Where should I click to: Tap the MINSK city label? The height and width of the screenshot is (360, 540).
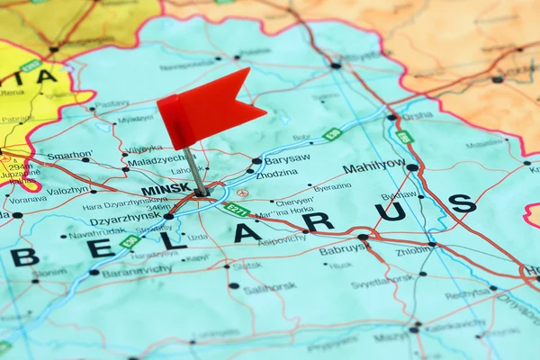click(x=166, y=190)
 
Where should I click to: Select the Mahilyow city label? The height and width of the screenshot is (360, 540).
click(x=373, y=166)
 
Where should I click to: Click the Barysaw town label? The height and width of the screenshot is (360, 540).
click(x=287, y=158)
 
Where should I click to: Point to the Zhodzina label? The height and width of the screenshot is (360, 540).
click(x=276, y=173)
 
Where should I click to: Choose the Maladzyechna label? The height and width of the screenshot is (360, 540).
click(x=156, y=162)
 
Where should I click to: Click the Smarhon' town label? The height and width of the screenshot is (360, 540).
click(x=69, y=155)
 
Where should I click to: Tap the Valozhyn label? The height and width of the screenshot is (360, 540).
click(x=68, y=190)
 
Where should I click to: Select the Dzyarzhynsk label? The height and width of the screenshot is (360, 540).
click(x=125, y=220)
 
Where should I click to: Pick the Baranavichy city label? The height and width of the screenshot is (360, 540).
click(x=137, y=269)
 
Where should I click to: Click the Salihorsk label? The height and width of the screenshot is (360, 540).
click(x=269, y=289)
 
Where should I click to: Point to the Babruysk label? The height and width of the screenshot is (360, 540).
click(x=342, y=249)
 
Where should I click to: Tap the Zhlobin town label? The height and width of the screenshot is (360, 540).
click(x=413, y=251)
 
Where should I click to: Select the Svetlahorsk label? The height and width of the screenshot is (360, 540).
click(x=382, y=282)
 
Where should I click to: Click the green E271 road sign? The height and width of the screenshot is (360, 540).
click(x=236, y=210)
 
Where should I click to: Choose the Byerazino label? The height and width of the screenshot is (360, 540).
click(x=332, y=187)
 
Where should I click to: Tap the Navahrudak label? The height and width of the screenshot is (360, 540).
click(x=97, y=233)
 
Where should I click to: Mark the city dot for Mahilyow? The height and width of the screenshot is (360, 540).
click(x=412, y=167)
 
